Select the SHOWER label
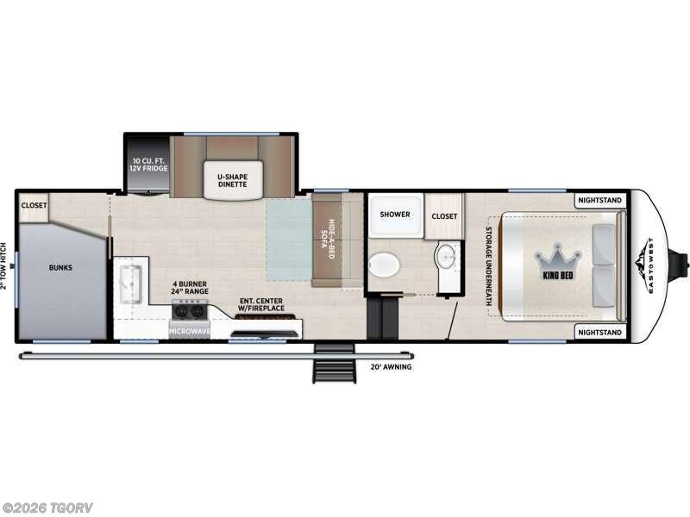click(x=395, y=215)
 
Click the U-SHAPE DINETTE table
click(x=227, y=178)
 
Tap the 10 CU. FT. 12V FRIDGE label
click(x=148, y=165)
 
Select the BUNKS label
click(x=60, y=267)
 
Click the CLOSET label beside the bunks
click(x=34, y=206)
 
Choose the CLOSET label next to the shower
click(x=444, y=216)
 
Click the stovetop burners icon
click(x=190, y=313)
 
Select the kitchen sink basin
click(x=132, y=280)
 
